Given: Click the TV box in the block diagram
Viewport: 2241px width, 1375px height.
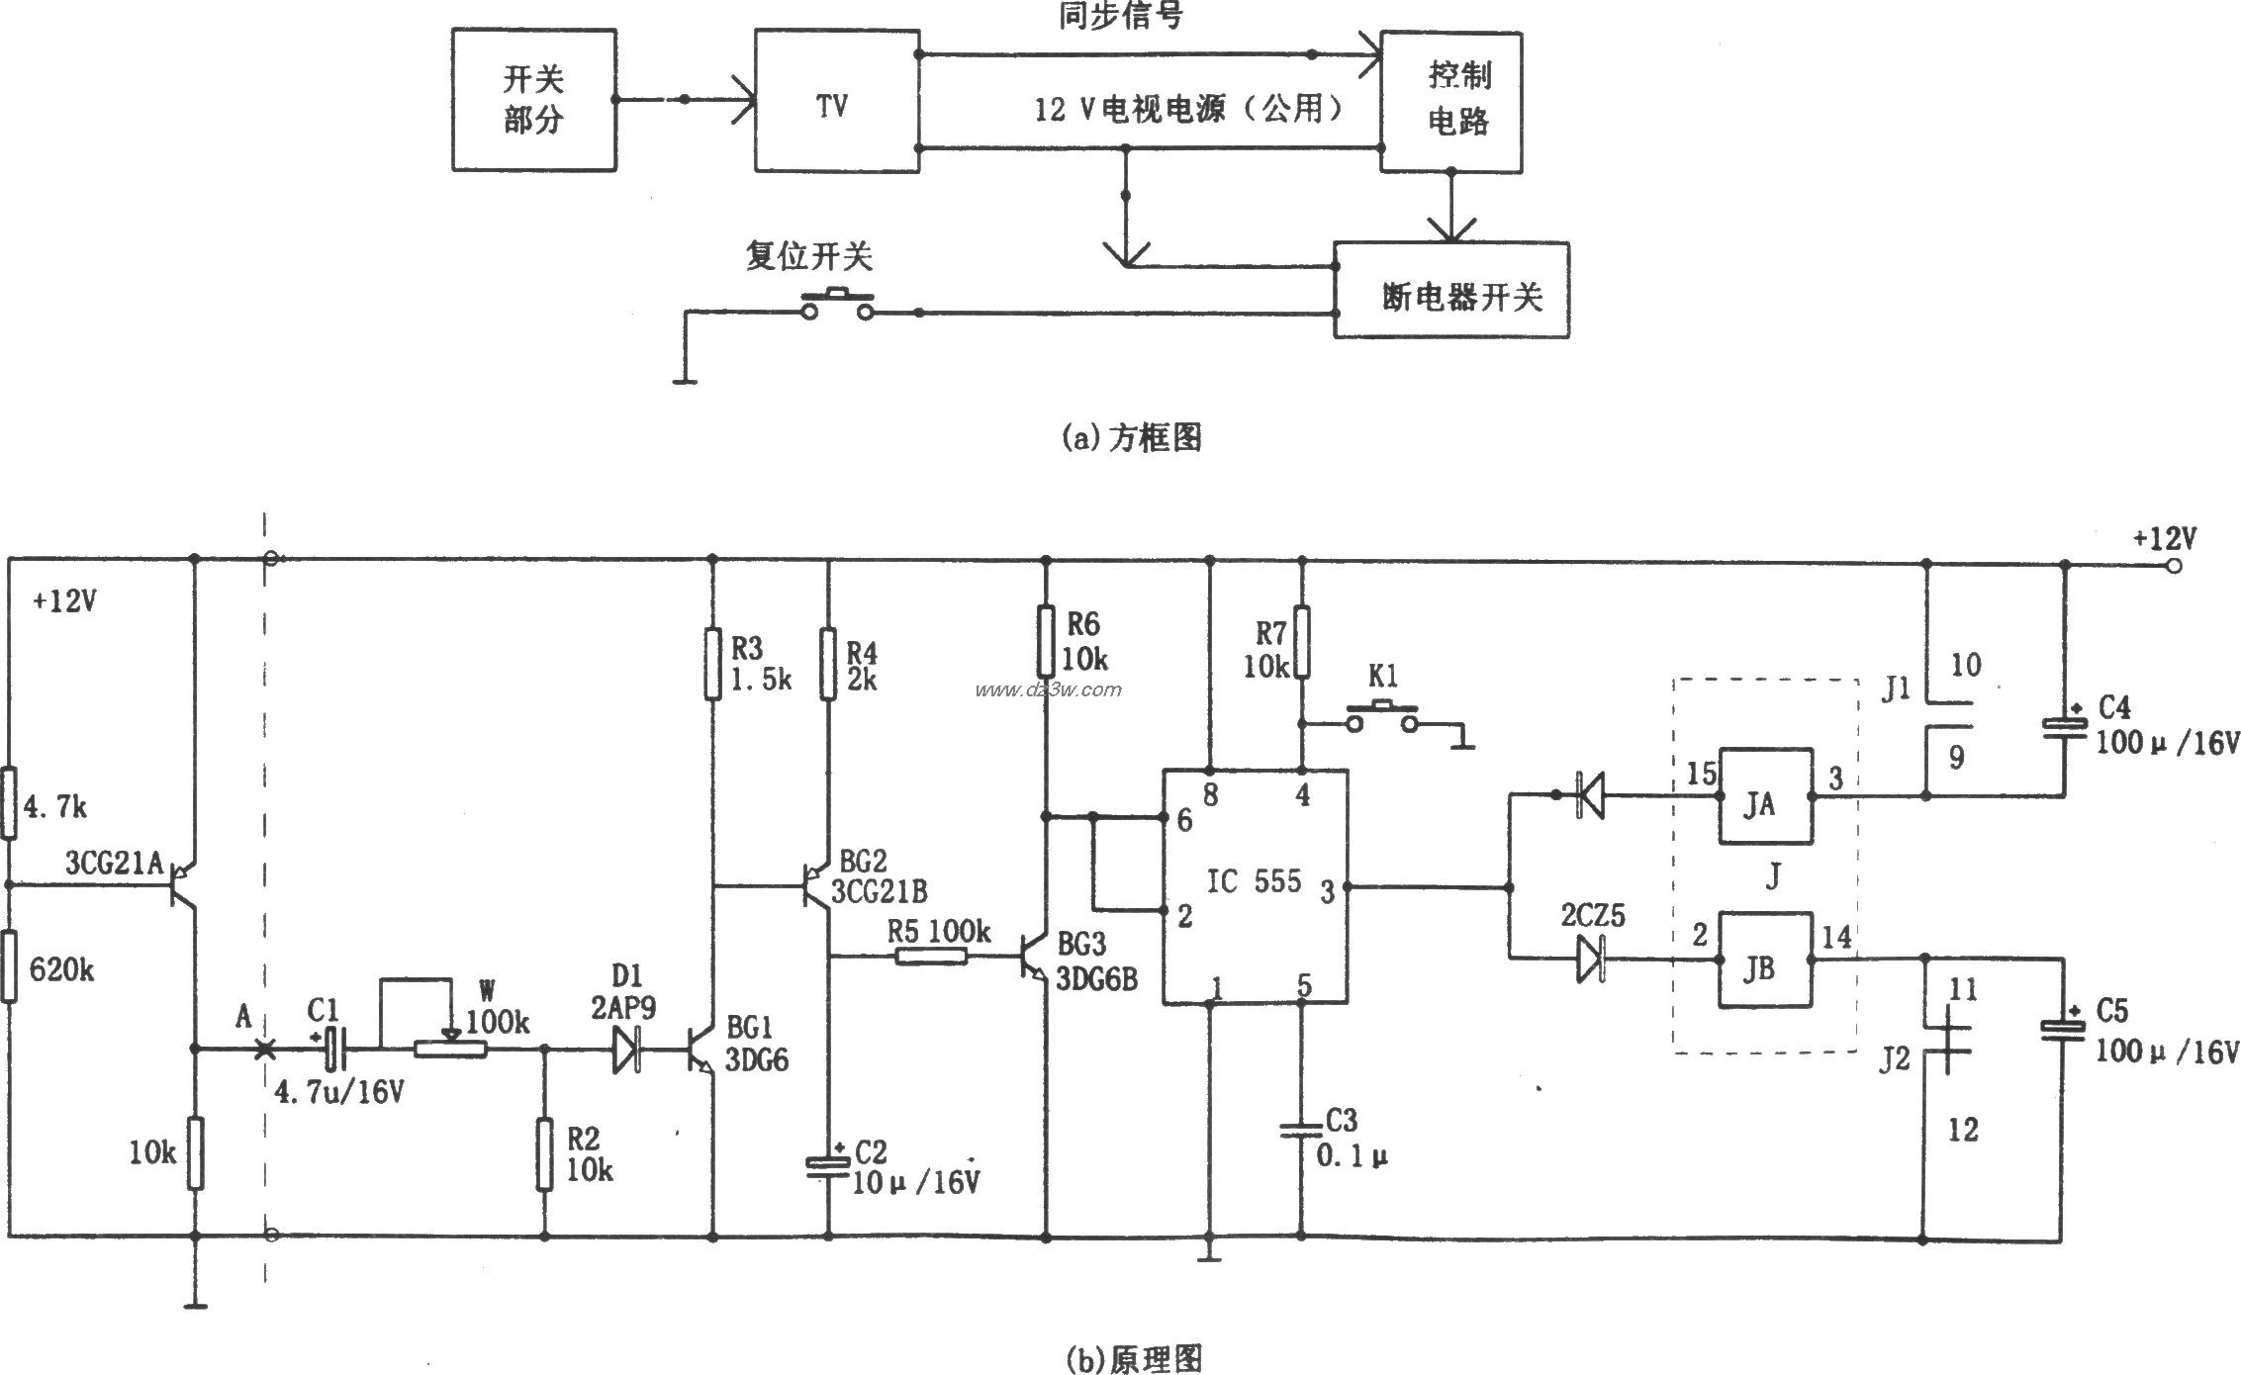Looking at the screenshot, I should [x=836, y=100].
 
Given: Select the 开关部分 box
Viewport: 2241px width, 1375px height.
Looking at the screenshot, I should [x=534, y=100].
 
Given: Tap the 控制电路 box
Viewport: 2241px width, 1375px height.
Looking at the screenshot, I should [x=1450, y=101].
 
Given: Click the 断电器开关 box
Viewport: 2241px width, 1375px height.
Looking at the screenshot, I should [x=1450, y=290].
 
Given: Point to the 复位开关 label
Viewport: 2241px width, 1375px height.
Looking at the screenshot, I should [x=808, y=257].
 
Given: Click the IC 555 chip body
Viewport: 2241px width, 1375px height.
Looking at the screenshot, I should [x=1255, y=885].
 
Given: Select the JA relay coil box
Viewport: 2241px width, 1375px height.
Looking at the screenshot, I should [x=1765, y=795].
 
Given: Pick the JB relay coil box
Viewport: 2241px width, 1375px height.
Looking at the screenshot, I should [x=1765, y=959].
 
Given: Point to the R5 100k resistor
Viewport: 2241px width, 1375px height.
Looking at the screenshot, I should [x=931, y=956].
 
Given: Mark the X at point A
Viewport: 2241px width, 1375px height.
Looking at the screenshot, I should [x=265, y=1049].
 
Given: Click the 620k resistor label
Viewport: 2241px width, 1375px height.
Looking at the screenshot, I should [x=61, y=970].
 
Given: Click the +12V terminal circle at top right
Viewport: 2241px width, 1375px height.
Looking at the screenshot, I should [x=2173, y=566].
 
